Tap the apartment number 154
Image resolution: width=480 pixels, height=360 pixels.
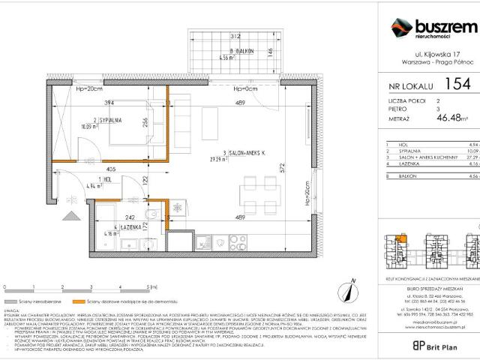pyautogui.click(x=457, y=84)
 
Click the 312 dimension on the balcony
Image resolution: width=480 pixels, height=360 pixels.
pyautogui.click(x=235, y=35)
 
